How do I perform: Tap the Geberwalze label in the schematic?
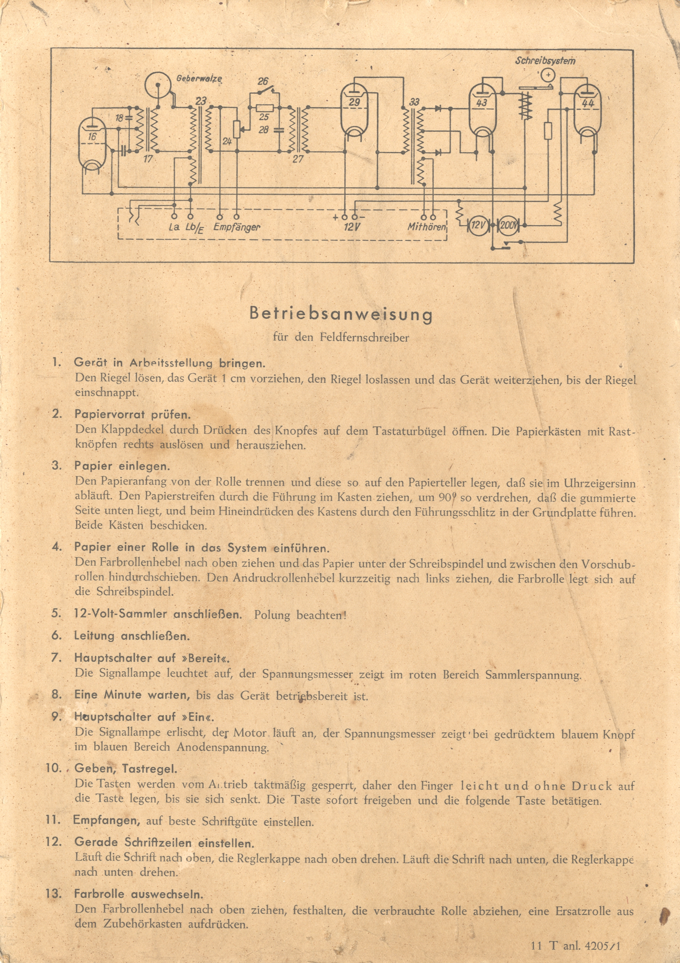[x=199, y=79]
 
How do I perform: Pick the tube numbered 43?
[x=482, y=107]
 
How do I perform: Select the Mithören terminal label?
[x=427, y=227]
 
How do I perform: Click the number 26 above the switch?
[x=263, y=81]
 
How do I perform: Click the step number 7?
[x=56, y=657]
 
